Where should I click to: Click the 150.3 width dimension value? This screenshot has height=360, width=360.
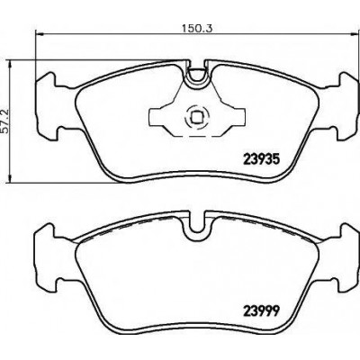click(x=197, y=29)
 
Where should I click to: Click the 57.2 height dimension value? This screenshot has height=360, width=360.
click(x=6, y=121)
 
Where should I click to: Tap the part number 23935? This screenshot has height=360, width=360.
click(x=260, y=158)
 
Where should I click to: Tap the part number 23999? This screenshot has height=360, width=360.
click(x=260, y=311)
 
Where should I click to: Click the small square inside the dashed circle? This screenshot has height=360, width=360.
click(x=196, y=117)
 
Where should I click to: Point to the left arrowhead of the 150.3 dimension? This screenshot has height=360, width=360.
click(x=40, y=34)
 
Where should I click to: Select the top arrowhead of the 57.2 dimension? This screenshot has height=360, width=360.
click(x=11, y=64)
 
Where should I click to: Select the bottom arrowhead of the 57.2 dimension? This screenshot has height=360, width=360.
click(x=11, y=178)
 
